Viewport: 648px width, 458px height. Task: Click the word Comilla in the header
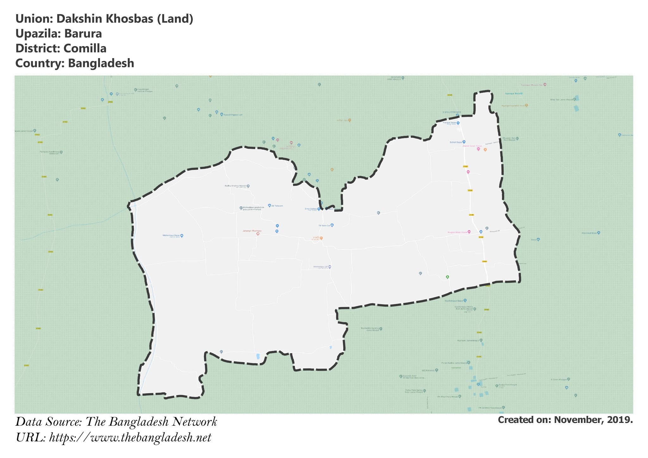pos(85,48)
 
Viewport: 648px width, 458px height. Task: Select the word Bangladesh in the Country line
pos(101,63)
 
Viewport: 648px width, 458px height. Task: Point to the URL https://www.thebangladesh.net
pos(130,438)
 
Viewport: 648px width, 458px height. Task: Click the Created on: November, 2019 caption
pos(565,420)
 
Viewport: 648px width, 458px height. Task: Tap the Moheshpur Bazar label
pos(171,236)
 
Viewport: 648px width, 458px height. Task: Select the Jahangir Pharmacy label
pos(252,231)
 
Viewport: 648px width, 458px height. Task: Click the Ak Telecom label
pos(277,206)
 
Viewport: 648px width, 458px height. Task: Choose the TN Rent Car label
pos(324,226)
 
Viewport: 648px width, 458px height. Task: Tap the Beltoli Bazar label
pos(456,142)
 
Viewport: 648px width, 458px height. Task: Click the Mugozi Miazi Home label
pos(457,232)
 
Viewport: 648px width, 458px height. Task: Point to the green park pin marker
pos(447,277)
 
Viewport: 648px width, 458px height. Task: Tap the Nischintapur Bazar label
pos(454,301)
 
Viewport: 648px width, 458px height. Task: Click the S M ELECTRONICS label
pos(452,112)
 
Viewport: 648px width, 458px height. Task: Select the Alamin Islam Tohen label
pos(472,146)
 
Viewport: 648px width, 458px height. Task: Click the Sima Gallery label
pos(311,209)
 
